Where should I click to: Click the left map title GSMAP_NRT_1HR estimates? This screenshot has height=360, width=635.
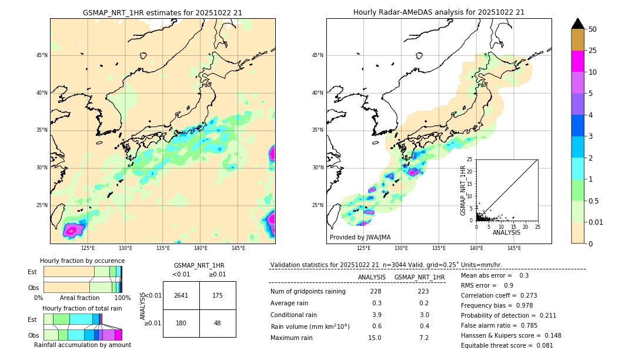(162, 12)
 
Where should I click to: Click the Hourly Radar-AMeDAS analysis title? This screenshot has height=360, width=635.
(439, 12)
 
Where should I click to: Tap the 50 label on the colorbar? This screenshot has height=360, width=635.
(593, 29)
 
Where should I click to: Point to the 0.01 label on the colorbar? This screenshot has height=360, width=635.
(596, 222)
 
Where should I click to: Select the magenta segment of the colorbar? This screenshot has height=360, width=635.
(577, 61)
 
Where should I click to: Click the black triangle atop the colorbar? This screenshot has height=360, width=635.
(577, 24)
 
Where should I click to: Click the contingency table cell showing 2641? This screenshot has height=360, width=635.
(181, 295)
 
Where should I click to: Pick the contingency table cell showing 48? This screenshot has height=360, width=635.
(218, 323)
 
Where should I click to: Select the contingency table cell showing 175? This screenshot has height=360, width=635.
(218, 295)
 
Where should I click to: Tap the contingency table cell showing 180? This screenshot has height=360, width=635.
(181, 323)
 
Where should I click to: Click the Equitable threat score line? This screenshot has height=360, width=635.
(507, 345)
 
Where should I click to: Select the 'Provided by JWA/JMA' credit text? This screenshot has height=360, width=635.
(360, 238)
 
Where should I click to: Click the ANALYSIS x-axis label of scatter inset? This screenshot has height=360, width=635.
(506, 232)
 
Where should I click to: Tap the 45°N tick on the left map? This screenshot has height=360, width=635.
(42, 55)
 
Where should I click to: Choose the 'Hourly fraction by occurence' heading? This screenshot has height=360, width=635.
(82, 261)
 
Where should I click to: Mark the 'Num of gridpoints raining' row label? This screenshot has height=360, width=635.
(308, 291)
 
